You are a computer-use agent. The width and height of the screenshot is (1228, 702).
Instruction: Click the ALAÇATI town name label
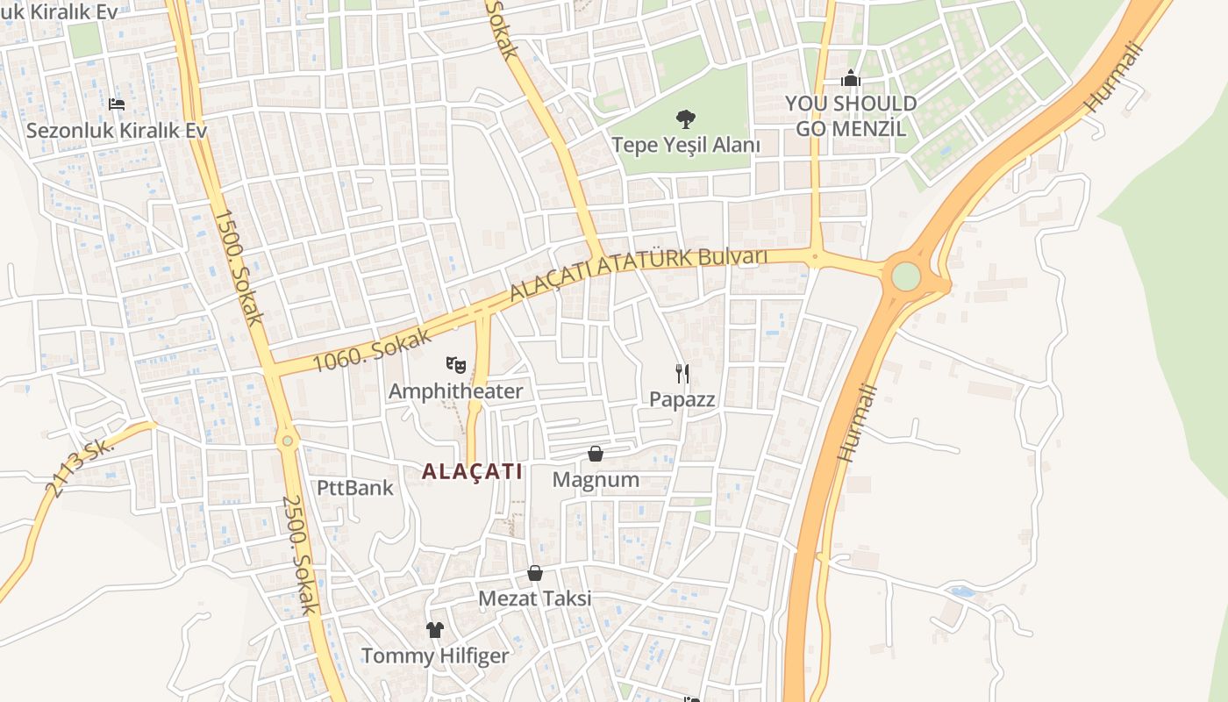tap(472, 471)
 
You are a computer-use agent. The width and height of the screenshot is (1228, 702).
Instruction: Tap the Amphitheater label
tap(455, 391)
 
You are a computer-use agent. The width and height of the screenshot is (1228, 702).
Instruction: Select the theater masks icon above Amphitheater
tap(455, 364)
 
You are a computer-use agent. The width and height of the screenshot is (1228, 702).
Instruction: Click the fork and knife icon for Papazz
tap(682, 374)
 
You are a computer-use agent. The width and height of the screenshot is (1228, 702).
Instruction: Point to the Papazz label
tap(682, 400)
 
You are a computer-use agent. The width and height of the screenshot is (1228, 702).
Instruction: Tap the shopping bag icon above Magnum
tap(596, 454)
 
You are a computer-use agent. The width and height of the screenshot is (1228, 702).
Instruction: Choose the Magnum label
tap(596, 480)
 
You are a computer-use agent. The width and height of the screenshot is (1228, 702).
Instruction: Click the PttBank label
tap(355, 488)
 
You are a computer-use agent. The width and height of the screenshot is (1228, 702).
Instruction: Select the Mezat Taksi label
tap(534, 598)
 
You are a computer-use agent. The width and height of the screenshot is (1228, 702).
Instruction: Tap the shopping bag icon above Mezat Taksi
tap(535, 573)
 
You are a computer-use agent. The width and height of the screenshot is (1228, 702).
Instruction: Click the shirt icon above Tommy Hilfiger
tap(435, 629)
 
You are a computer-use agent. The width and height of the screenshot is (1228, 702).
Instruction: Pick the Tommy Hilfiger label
tap(435, 655)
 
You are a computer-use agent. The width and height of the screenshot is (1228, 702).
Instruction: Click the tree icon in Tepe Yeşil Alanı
tap(686, 118)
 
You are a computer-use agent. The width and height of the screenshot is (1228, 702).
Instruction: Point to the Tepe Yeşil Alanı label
tap(686, 145)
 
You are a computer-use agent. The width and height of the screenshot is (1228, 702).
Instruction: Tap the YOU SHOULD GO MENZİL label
tap(850, 116)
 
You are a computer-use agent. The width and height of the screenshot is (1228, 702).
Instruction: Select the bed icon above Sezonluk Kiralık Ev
tap(117, 104)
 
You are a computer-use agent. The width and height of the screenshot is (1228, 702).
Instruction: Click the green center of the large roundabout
tap(906, 276)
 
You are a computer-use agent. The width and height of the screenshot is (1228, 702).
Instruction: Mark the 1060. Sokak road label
tap(372, 350)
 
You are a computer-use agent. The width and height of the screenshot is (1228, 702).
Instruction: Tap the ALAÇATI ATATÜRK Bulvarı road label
tap(638, 273)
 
